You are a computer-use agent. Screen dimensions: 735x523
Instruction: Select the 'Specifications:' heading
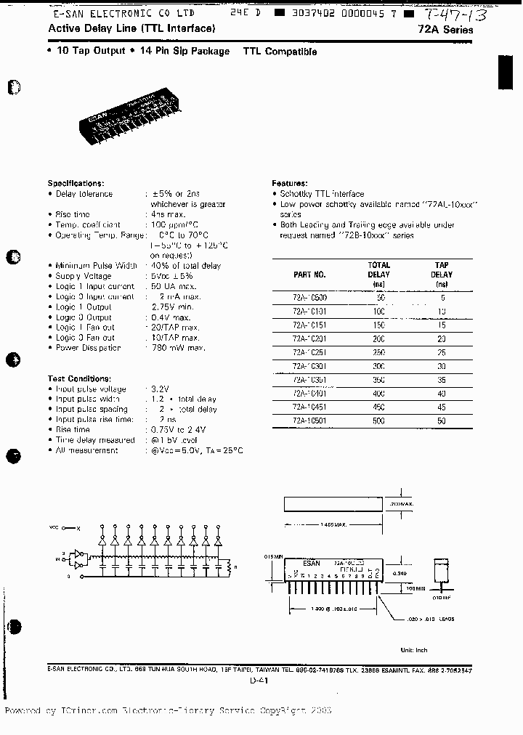76,183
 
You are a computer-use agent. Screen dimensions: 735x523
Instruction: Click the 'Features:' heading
289,183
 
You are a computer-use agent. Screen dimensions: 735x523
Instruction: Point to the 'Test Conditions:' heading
79,378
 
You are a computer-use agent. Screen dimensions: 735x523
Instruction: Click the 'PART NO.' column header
310,275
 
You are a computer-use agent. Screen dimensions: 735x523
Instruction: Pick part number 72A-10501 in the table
309,421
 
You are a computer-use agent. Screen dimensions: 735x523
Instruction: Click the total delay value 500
379,421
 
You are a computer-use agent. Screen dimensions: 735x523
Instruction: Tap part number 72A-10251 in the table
309,352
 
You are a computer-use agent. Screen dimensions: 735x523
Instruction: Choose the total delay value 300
379,365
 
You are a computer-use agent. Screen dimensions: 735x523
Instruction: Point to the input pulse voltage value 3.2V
160,389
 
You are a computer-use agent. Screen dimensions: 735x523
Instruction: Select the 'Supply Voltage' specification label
84,276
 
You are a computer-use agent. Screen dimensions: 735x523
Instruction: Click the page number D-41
259,681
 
